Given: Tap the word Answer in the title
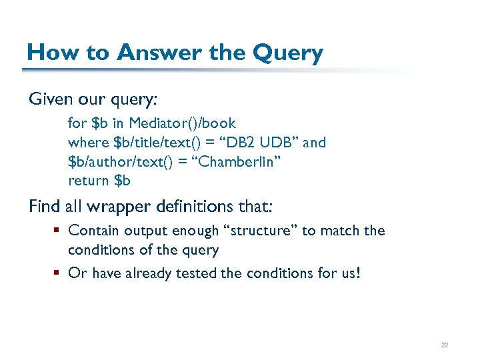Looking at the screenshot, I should click(141, 52).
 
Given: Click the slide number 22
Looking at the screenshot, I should click(445, 345).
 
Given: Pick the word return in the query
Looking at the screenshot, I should click(89, 181).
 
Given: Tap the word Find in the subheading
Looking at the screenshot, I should click(43, 207).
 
